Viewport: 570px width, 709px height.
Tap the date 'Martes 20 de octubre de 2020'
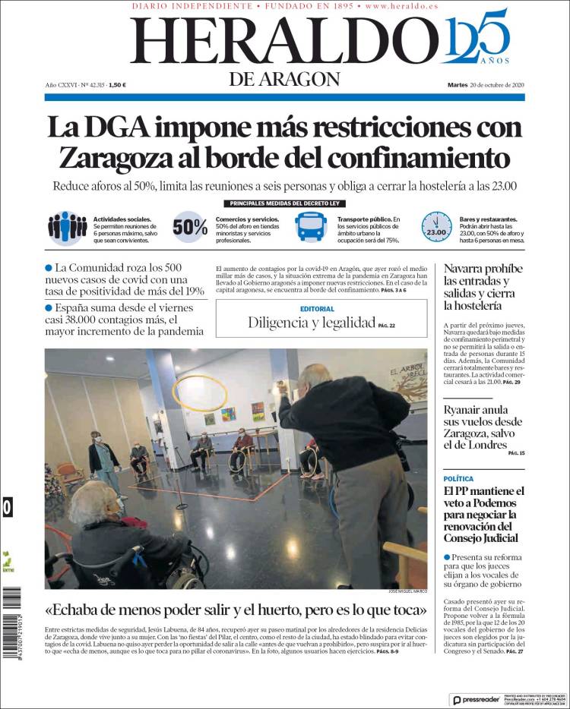pyautogui.click(x=486, y=85)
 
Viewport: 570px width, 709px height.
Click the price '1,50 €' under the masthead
pyautogui.click(x=117, y=85)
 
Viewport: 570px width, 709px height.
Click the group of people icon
pyautogui.click(x=67, y=227)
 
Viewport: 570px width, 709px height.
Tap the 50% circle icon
pyautogui.click(x=189, y=227)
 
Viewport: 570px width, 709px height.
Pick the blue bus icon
pyautogui.click(x=312, y=226)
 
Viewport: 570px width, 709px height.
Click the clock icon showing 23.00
pyautogui.click(x=436, y=227)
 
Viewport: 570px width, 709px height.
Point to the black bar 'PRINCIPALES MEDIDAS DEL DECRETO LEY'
pyautogui.click(x=284, y=203)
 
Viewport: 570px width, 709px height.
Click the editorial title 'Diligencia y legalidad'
pyautogui.click(x=311, y=323)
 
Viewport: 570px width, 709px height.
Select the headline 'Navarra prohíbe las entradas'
pyautogui.click(x=483, y=286)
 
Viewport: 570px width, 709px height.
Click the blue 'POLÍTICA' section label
pyautogui.click(x=458, y=479)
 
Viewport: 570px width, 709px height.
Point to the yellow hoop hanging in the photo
pyautogui.click(x=200, y=394)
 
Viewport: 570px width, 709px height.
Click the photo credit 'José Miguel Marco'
pyautogui.click(x=407, y=592)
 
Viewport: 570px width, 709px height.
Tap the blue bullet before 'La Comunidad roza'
pyautogui.click(x=49, y=268)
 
